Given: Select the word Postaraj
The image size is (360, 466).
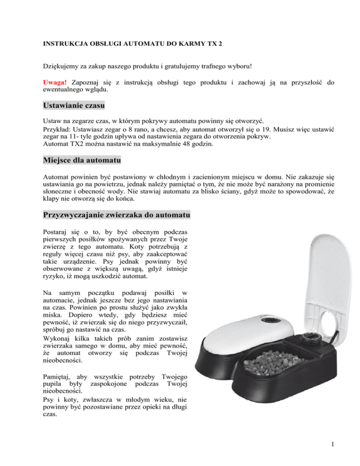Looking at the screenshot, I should click(57, 233).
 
